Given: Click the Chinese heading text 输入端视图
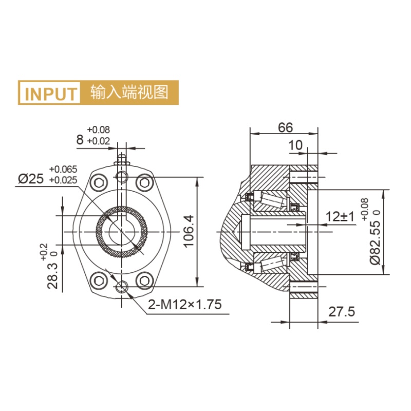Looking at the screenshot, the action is [x=129, y=92].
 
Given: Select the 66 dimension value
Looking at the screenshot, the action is [x=285, y=127].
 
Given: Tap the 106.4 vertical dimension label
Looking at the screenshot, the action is [x=189, y=231].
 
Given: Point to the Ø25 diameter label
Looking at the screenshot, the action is [x=31, y=179].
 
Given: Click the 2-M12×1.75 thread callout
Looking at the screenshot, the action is [x=185, y=305].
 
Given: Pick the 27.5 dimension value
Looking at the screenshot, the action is [x=342, y=312].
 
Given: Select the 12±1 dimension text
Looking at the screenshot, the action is [x=340, y=216].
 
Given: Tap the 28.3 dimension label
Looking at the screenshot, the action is [x=53, y=276].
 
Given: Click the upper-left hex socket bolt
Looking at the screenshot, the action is [x=99, y=183].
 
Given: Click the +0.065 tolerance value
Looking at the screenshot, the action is [x=63, y=170].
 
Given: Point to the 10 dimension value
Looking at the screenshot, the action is [x=295, y=145].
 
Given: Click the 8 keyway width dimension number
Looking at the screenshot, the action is [x=80, y=140].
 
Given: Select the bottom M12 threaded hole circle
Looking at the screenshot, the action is [x=122, y=287].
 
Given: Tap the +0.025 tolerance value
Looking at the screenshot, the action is [x=63, y=180].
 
